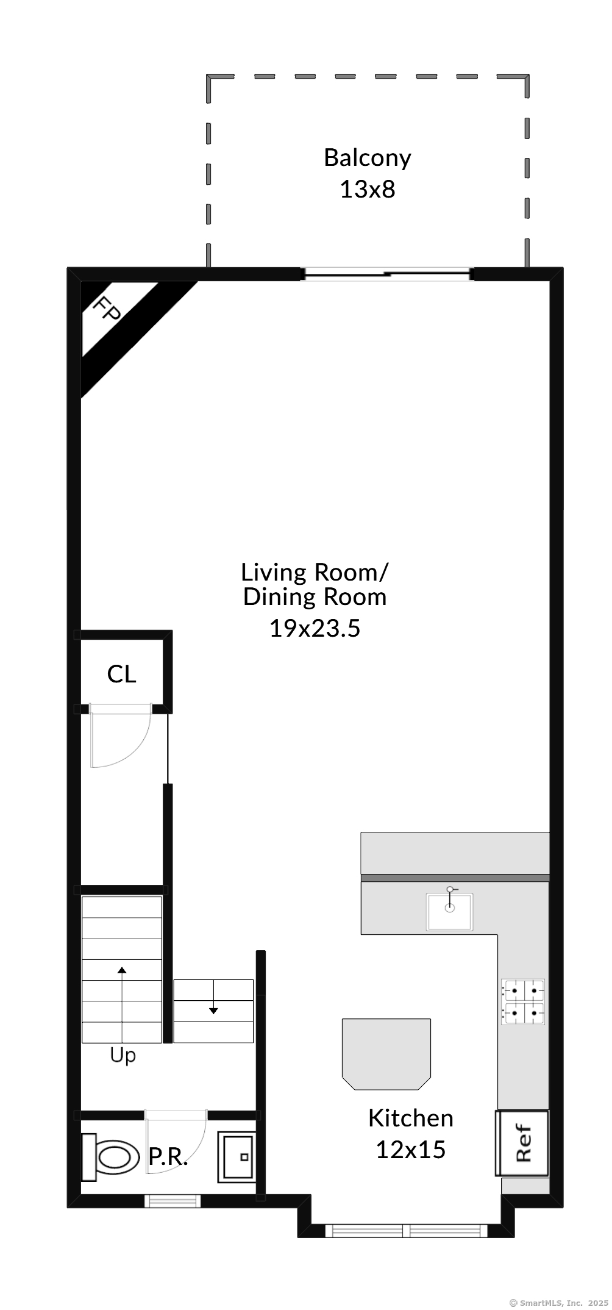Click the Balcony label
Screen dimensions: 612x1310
(368, 158)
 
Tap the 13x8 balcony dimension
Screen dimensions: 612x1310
(368, 190)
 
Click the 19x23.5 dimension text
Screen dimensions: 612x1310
(315, 628)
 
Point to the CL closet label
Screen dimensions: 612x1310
(122, 675)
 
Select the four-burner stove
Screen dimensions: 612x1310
(523, 1001)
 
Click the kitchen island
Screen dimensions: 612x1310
(386, 1054)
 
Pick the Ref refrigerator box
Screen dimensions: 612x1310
(522, 1143)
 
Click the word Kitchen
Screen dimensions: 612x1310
(411, 1119)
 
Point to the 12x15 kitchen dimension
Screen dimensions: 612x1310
(411, 1150)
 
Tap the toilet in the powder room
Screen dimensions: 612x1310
(109, 1157)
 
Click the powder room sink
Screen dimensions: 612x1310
(237, 1157)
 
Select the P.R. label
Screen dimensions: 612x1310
(168, 1157)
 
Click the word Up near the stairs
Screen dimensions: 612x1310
(123, 1056)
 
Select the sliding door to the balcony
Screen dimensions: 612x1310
(388, 274)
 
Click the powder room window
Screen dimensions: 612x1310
(173, 1201)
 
